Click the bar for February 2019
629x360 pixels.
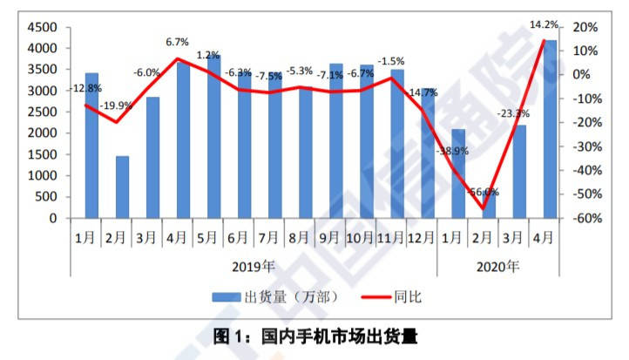tap(122, 187)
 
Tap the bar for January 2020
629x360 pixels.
tap(458, 173)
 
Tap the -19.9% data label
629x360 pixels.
tap(116, 106)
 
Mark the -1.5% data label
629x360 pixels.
tap(391, 61)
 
